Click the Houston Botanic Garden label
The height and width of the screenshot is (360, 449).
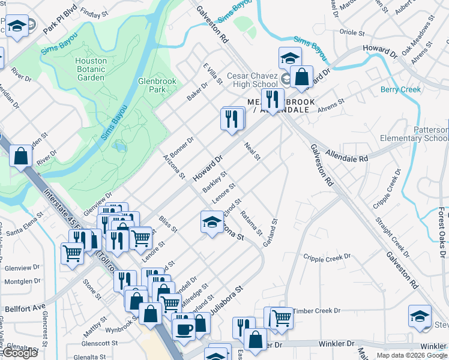(91, 69)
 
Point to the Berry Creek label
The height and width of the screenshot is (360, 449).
(401, 89)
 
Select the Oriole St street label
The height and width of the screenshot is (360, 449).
(352, 32)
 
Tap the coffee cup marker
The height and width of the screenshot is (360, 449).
(184, 328)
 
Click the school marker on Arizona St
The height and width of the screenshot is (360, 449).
(212, 223)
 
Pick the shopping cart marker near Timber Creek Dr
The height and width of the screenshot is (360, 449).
(281, 317)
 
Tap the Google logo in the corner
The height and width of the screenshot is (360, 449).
(19, 353)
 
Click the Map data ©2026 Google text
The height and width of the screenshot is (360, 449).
(412, 355)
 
